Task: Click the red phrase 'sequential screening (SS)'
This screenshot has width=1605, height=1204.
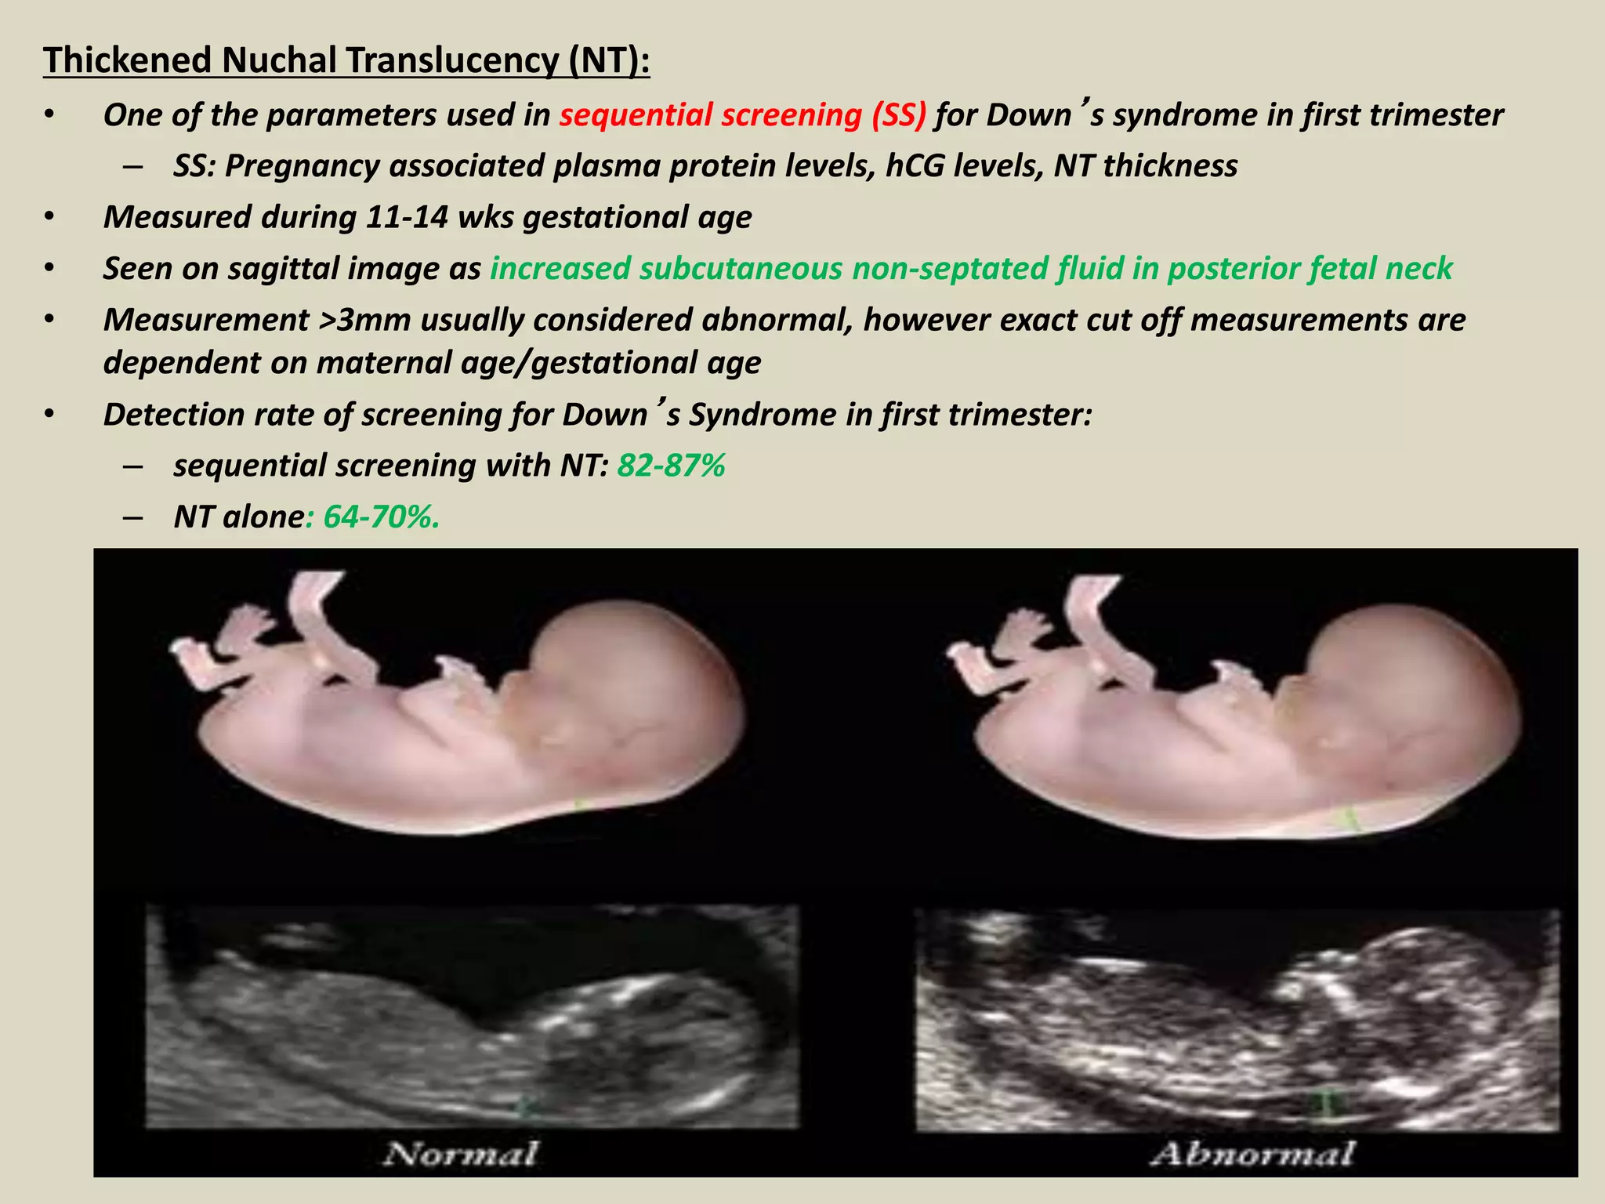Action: click(x=742, y=115)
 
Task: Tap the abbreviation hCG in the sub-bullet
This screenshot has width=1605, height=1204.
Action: click(x=915, y=166)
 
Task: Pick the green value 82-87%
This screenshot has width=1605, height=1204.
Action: click(x=671, y=466)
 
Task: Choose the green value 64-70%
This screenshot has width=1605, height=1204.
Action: click(x=381, y=517)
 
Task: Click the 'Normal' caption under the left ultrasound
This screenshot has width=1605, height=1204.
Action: click(x=461, y=1154)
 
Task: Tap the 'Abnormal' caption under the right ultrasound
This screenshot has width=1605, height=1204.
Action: click(x=1252, y=1154)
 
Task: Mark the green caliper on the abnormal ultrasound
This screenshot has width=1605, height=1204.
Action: click(x=1323, y=1104)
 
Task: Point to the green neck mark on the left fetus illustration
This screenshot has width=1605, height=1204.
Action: click(x=581, y=804)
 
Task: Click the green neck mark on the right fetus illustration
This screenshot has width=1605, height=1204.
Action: click(x=1350, y=820)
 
